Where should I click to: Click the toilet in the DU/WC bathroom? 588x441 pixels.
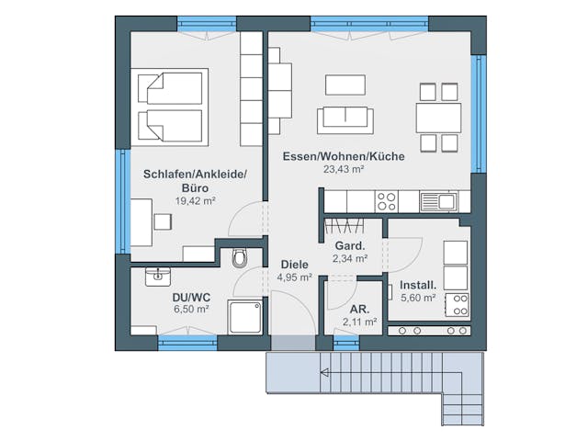click(x=240, y=257)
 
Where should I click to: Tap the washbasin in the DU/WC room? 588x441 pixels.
click(x=158, y=277)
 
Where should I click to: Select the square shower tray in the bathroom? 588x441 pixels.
click(x=244, y=317)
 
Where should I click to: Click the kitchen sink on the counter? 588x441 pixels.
click(x=438, y=202)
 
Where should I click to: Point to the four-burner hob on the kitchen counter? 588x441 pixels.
click(x=386, y=202)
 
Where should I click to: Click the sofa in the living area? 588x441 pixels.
click(x=345, y=120)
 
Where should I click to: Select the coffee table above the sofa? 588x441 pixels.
click(x=345, y=85)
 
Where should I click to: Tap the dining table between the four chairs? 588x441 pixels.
click(x=438, y=118)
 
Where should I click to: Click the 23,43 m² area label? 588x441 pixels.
click(x=344, y=169)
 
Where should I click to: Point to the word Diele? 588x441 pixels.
click(x=295, y=265)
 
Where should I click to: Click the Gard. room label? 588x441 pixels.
click(x=350, y=246)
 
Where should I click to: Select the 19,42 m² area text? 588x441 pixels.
click(x=196, y=200)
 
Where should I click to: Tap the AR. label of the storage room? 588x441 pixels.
click(x=359, y=310)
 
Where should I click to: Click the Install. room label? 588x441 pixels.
click(x=418, y=285)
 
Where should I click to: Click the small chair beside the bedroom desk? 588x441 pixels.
click(x=163, y=221)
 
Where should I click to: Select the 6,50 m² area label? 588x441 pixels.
click(x=191, y=309)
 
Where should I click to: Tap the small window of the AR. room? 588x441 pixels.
click(x=346, y=343)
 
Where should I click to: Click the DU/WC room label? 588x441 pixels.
click(x=191, y=298)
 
